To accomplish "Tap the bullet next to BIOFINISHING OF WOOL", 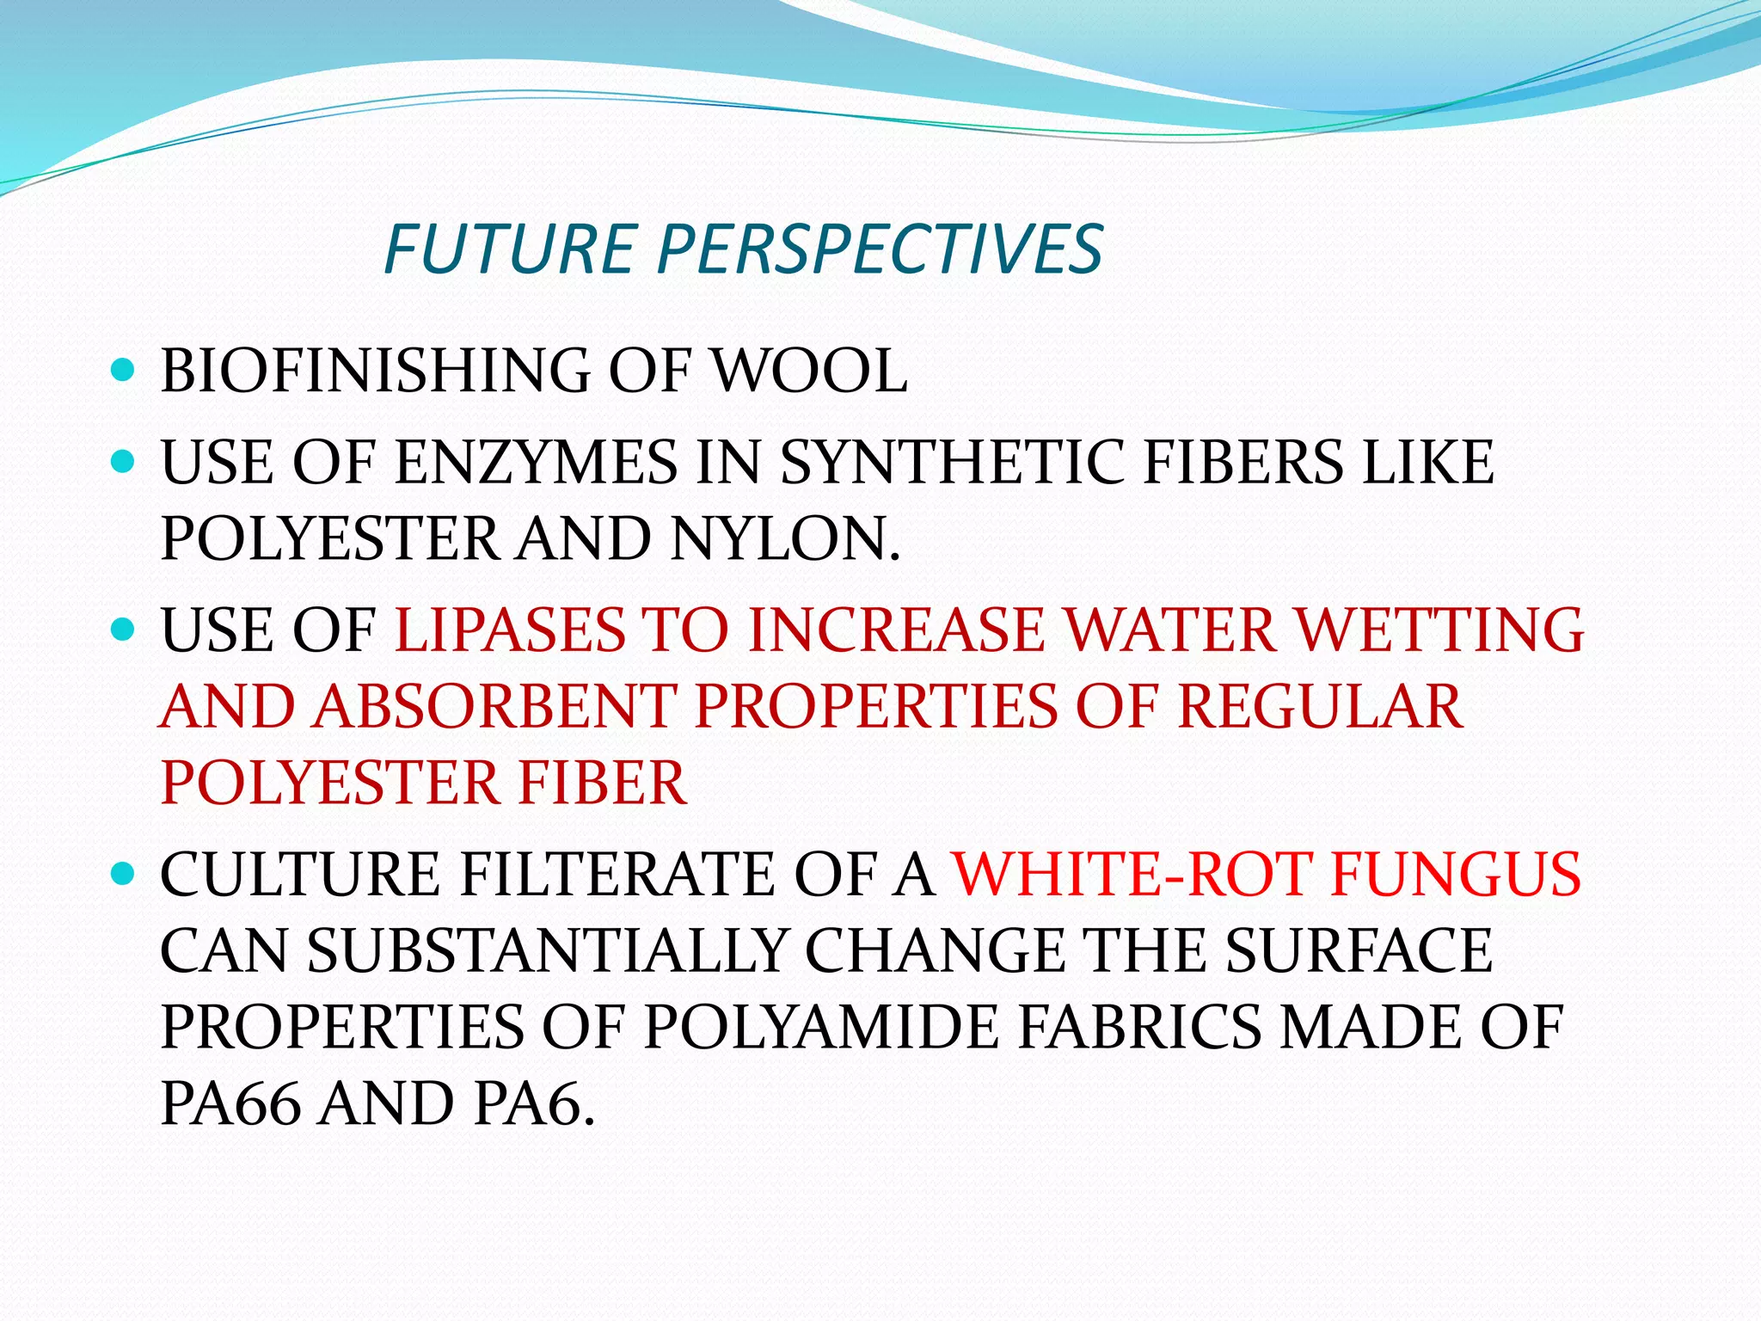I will tap(124, 371).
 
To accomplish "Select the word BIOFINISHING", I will tap(375, 372).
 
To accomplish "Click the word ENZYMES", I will tap(536, 463).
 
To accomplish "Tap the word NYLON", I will tap(785, 539).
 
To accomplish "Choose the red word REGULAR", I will tap(1319, 707).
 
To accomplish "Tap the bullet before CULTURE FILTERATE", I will tap(124, 875).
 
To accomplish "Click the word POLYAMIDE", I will tap(821, 1028).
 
